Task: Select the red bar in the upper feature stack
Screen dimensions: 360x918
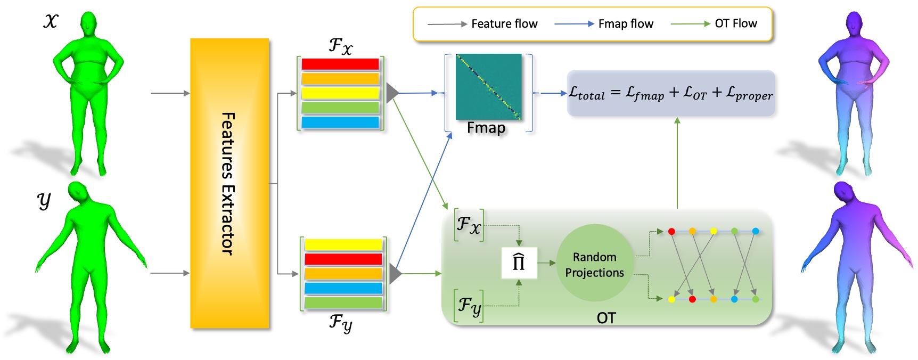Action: tap(340, 64)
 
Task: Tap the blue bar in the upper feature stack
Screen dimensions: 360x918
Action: tap(340, 122)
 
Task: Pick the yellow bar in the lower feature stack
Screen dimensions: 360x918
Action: tap(343, 244)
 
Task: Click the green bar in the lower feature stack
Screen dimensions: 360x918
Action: tap(343, 302)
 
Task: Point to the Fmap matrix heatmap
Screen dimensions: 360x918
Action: tap(488, 87)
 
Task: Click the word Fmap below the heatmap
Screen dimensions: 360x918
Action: tap(486, 128)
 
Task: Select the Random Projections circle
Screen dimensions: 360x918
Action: tap(595, 264)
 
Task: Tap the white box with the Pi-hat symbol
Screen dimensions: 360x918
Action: tap(519, 263)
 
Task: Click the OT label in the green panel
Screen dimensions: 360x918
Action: tap(606, 318)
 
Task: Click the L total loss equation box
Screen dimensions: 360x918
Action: tap(670, 93)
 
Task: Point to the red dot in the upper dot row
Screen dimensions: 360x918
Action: tap(671, 231)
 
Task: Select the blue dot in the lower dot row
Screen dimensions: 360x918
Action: tap(734, 299)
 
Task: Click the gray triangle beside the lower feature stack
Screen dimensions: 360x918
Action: tap(395, 274)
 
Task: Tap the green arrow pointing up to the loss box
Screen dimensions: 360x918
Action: tap(677, 160)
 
